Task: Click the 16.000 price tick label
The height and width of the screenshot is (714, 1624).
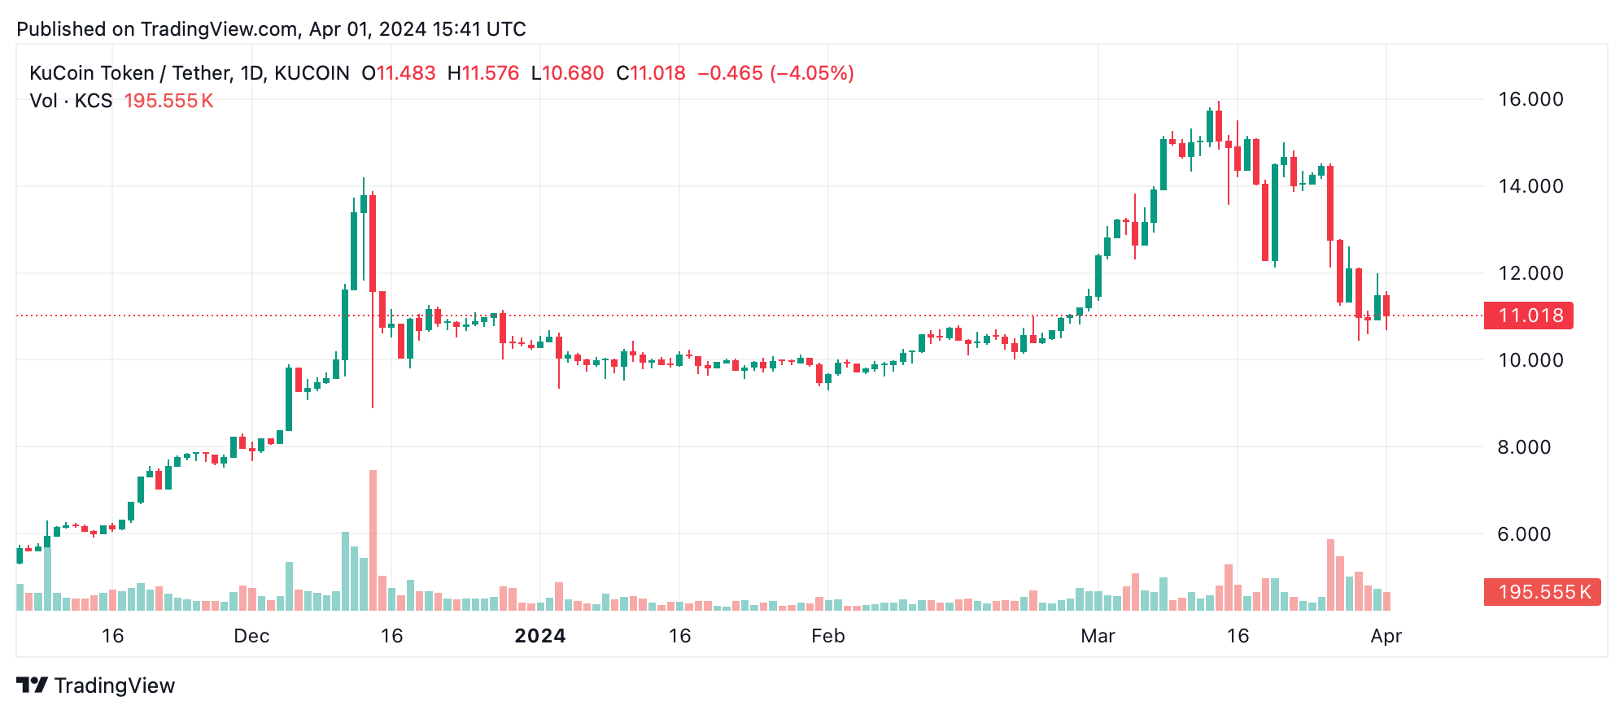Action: click(x=1530, y=99)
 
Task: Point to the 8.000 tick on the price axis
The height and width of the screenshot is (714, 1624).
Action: click(x=1524, y=447)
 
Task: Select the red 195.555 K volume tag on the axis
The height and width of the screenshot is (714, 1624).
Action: click(x=1542, y=592)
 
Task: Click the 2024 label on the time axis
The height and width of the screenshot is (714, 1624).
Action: click(x=540, y=636)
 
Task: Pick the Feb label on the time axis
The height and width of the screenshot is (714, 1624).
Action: click(x=828, y=636)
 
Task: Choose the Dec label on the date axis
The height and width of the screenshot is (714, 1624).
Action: click(x=251, y=636)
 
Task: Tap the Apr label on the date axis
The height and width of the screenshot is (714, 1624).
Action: click(x=1386, y=636)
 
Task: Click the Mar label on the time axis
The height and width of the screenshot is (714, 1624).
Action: click(x=1098, y=636)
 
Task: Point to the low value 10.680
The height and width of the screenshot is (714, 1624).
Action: click(x=573, y=73)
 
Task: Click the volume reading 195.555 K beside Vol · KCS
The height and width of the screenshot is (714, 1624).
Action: click(x=168, y=101)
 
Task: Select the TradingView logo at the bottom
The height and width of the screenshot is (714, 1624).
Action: click(x=96, y=686)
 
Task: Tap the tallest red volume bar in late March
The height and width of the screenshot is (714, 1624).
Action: click(x=1330, y=574)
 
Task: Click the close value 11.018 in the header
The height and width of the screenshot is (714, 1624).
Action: click(x=657, y=73)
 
